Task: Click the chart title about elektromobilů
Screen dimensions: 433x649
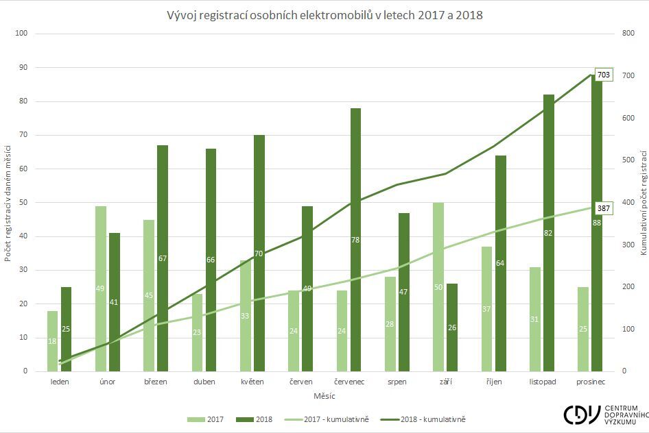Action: pos(324,14)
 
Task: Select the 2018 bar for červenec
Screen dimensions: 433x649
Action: pos(355,240)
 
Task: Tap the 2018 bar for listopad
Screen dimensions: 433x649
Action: pos(548,233)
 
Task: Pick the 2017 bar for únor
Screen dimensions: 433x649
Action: pos(100,288)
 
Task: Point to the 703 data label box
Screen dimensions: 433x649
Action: pos(604,75)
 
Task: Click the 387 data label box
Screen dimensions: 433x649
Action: pos(604,207)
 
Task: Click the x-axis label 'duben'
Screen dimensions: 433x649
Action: pos(204,382)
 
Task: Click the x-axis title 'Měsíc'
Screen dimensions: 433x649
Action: pos(324,396)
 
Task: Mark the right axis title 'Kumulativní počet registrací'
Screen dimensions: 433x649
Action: pos(644,202)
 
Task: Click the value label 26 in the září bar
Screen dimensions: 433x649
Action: pos(452,327)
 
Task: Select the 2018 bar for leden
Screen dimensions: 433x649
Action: pos(66,329)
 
